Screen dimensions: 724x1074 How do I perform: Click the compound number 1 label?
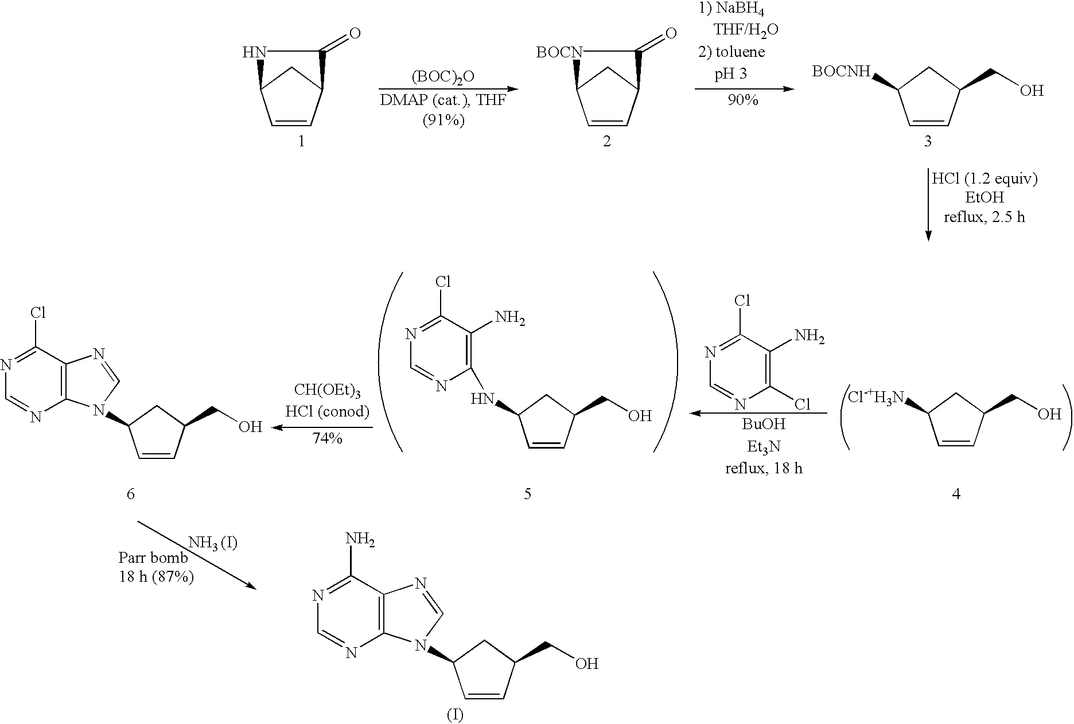coord(301,141)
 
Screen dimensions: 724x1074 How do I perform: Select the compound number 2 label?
coord(607,141)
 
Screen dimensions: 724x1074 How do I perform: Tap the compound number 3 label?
coord(928,141)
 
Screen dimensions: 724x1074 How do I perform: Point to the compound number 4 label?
coord(956,493)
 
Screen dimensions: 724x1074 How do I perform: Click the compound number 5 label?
coord(527,493)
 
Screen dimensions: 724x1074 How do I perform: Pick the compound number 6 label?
coord(131,493)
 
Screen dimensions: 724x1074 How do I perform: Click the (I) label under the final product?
coord(454,715)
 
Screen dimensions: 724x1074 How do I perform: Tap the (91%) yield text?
coord(443,120)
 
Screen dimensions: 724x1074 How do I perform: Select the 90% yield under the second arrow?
coord(743,100)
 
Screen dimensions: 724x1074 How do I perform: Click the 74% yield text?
coord(327,439)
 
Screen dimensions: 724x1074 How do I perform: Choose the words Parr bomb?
coord(153,557)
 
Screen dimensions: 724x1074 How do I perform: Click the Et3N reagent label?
coord(763,446)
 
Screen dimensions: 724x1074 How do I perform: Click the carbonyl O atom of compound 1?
coord(355,33)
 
